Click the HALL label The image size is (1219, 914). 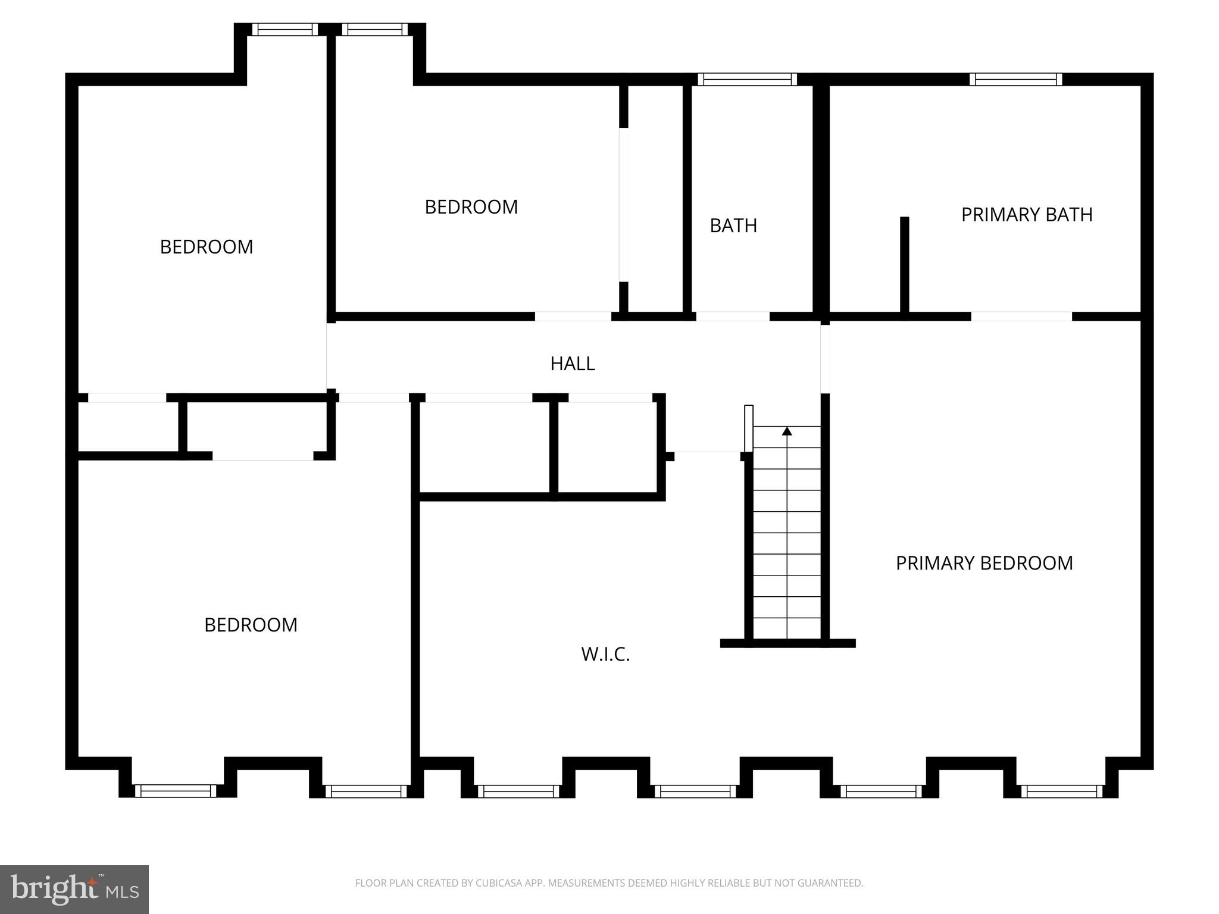coord(572,364)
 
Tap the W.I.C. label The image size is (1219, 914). coord(605,655)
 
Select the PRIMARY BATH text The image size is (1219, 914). coord(1027,215)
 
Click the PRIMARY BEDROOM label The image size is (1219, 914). coord(984,563)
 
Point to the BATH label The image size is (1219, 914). coord(733,226)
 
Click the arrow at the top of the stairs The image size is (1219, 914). coord(787,431)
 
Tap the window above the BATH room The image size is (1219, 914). coord(747,79)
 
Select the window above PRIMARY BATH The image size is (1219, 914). coord(1015,79)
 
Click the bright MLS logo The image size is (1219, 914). coord(74,890)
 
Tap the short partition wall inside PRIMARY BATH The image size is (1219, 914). coord(904,265)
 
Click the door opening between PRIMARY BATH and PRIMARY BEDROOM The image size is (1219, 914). coord(1021,317)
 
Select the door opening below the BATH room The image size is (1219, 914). coord(733,317)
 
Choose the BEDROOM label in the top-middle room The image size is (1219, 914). coord(471,207)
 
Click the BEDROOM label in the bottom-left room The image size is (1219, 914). coord(251,625)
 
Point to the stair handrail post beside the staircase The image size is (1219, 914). coord(749,428)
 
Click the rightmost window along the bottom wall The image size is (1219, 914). coord(1062,791)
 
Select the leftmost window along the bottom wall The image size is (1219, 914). coord(176,791)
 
